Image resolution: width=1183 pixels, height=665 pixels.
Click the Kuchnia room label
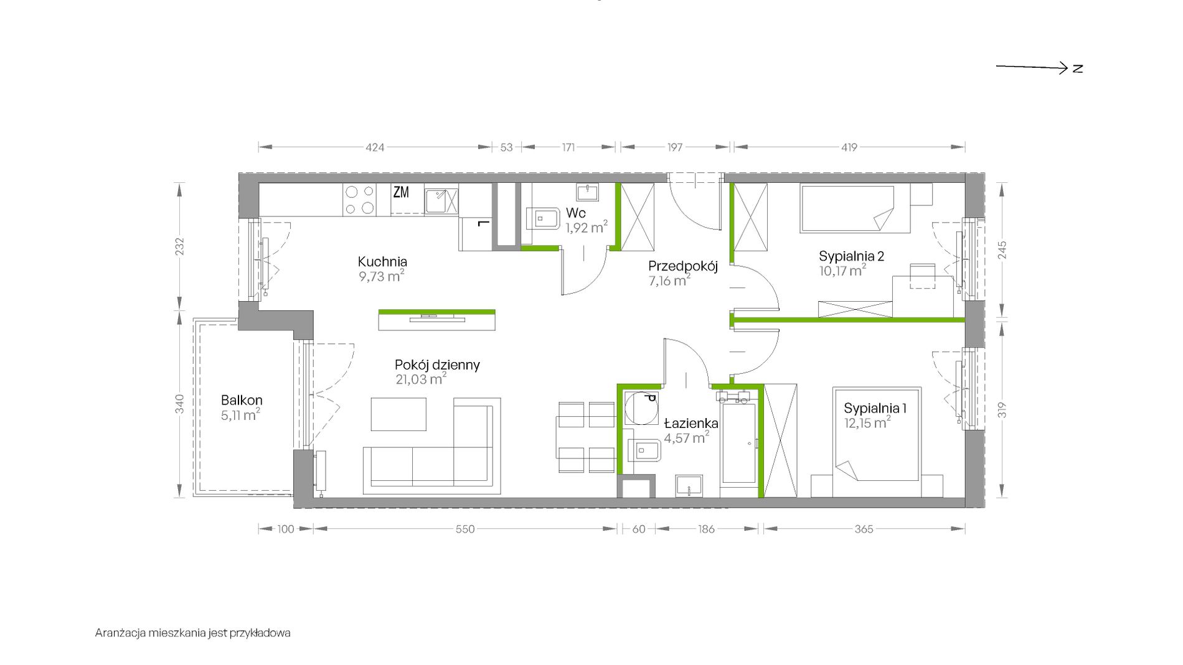coord(382,262)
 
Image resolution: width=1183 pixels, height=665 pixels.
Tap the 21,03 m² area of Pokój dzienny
coord(421,379)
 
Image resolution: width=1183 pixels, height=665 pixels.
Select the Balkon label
coord(242,400)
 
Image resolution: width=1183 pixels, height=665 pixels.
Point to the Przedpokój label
coord(683,266)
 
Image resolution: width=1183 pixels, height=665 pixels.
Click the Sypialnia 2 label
coord(851,256)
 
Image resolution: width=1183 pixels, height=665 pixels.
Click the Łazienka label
coord(691,423)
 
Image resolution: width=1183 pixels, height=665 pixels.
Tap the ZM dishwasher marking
coord(401,192)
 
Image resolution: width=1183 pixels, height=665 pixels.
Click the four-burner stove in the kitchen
coord(359,200)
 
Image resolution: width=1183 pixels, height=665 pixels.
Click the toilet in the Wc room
coord(543,218)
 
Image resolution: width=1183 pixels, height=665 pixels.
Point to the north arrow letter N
coord(1078,68)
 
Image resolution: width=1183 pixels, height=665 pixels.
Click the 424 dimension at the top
coord(375,147)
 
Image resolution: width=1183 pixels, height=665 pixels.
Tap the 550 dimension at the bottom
coord(465,529)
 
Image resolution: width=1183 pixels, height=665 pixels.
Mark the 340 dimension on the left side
coord(180,404)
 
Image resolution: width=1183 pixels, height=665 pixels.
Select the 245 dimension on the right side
coord(1002,250)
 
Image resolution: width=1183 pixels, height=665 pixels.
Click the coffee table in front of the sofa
coord(399,414)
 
